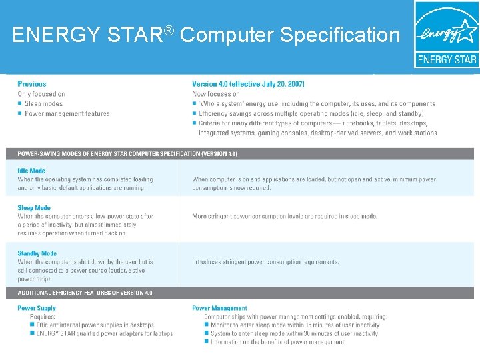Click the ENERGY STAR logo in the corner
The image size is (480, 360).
[x=446, y=34]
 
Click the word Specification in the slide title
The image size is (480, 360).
[x=340, y=35]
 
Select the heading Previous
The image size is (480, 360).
[x=32, y=84]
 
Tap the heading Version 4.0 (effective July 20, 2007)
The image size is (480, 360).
[x=248, y=84]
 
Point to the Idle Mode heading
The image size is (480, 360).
[x=32, y=171]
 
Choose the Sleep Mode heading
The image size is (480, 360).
[x=34, y=208]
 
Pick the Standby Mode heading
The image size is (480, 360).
[x=37, y=253]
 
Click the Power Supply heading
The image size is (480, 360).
[x=37, y=308]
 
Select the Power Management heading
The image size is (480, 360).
[x=219, y=308]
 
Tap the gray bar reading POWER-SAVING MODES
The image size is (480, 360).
[x=127, y=153]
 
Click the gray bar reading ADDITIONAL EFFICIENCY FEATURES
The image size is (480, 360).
[x=85, y=293]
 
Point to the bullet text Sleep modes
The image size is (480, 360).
[x=43, y=104]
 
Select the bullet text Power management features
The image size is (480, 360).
[x=67, y=113]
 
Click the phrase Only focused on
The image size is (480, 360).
[x=41, y=94]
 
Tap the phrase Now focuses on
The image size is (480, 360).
[x=216, y=94]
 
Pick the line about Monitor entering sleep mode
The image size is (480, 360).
[x=295, y=325]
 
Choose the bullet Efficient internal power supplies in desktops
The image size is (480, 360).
[x=95, y=325]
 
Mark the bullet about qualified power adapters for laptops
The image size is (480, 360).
[x=104, y=333]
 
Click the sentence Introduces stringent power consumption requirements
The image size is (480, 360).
[x=265, y=262]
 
